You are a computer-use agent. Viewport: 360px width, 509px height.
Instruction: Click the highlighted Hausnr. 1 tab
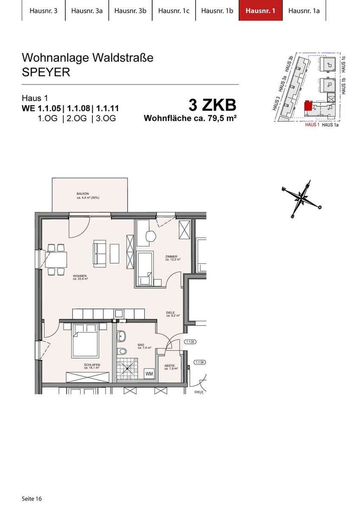(x=260, y=11)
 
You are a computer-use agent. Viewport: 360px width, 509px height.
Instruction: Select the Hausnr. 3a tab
(x=87, y=11)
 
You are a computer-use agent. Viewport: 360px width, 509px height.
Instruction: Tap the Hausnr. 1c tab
(x=174, y=11)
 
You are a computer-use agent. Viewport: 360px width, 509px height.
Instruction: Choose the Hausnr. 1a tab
(x=303, y=11)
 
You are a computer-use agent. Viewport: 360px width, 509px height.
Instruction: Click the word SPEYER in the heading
(x=46, y=72)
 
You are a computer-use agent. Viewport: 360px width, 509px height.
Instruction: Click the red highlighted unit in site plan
(x=308, y=106)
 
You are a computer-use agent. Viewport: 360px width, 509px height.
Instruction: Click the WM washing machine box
(x=149, y=373)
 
